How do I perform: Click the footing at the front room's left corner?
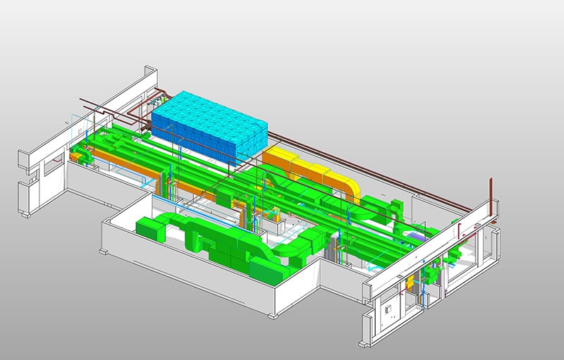[104, 250]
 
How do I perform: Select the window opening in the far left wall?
[52, 168]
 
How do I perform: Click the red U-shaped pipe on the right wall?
[462, 229]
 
